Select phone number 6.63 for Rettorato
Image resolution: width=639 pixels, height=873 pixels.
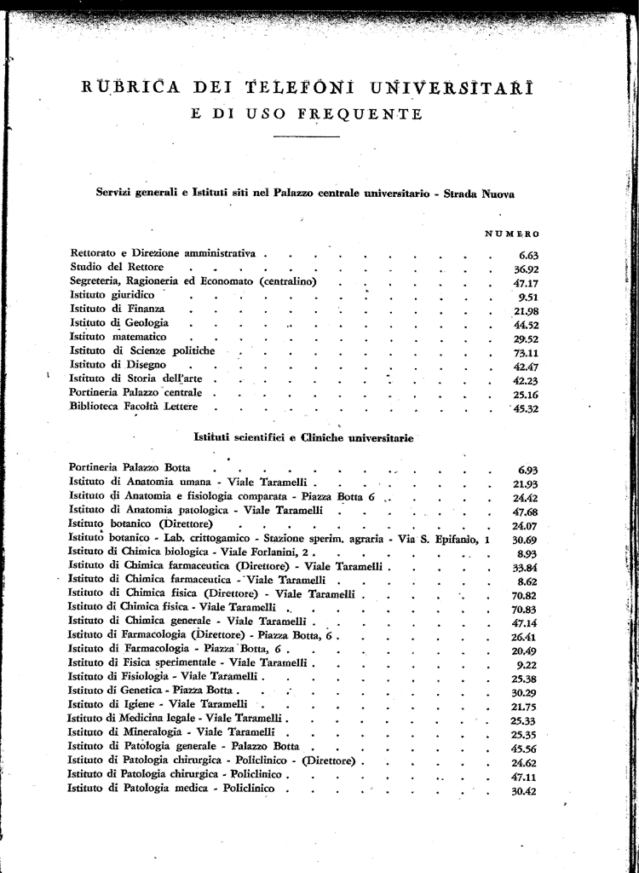(x=528, y=254)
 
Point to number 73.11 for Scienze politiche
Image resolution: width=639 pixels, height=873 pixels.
(x=525, y=351)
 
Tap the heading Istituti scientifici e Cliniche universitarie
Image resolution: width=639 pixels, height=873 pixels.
(x=303, y=438)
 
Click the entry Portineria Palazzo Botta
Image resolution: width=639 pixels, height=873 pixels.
(x=130, y=468)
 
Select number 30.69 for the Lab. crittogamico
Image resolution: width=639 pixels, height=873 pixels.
(x=525, y=540)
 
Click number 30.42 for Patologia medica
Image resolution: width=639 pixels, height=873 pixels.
(x=525, y=791)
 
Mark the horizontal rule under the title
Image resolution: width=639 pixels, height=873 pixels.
(x=308, y=136)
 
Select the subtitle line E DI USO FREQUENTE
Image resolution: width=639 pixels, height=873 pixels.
(x=307, y=114)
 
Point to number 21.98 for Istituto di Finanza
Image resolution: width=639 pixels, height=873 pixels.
(x=527, y=310)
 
